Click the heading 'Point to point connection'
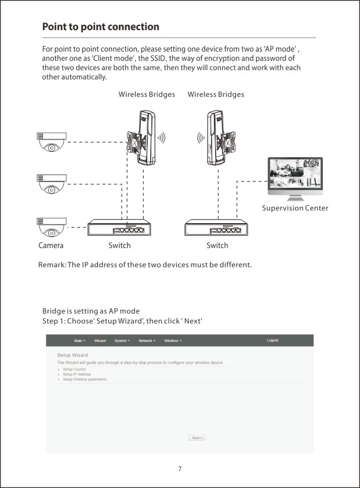tap(100, 27)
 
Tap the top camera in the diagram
tap(52, 142)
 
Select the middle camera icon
tap(52, 183)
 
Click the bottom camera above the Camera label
tap(52, 227)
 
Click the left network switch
tap(119, 227)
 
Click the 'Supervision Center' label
tap(294, 208)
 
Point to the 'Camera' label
tap(51, 245)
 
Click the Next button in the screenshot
tap(197, 438)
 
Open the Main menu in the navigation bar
tap(79, 341)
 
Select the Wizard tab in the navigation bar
tap(100, 341)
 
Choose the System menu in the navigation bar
tap(122, 341)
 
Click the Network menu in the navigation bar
tap(147, 341)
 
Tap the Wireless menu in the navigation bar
tap(173, 341)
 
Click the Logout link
tap(272, 340)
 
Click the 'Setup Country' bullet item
tap(74, 369)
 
